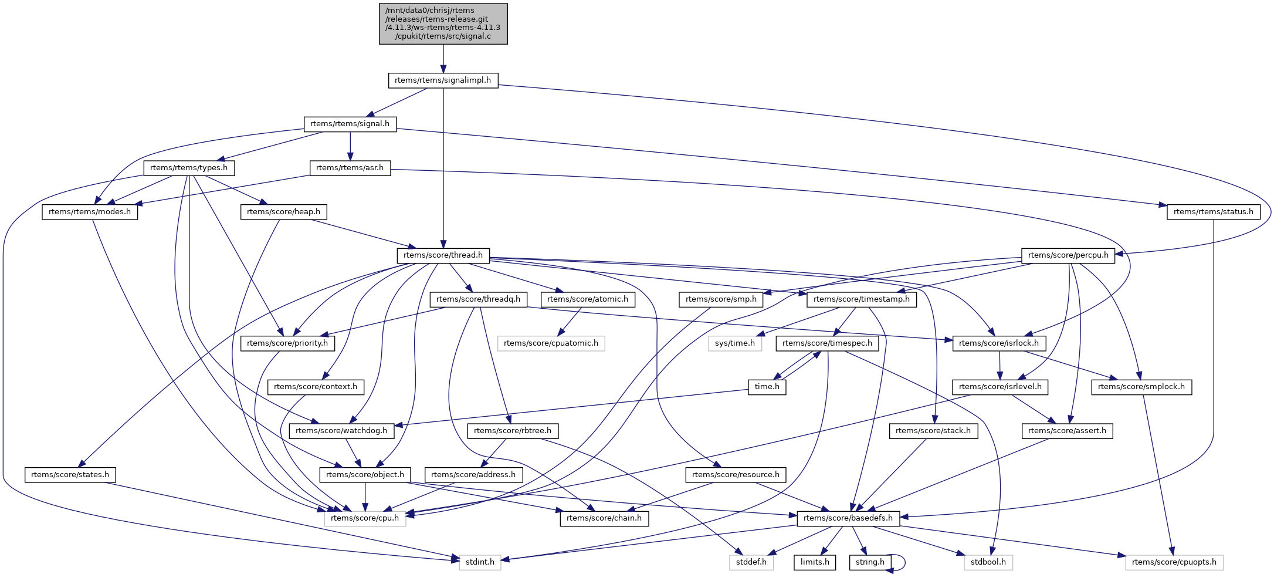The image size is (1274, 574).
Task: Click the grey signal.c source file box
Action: (443, 23)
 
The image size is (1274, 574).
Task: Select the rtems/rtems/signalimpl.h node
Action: (443, 80)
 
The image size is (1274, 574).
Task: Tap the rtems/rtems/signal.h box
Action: (350, 124)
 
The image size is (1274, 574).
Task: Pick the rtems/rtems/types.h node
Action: (189, 168)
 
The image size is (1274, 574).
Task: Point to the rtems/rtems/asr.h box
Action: (350, 168)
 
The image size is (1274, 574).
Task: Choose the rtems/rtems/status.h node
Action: (1213, 212)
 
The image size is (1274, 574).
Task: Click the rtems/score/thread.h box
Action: (443, 255)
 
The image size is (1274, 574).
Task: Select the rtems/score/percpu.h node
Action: (1068, 255)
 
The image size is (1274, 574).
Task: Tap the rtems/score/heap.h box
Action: (283, 212)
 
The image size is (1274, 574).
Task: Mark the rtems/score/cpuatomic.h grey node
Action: (551, 343)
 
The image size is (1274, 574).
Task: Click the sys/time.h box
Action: (735, 343)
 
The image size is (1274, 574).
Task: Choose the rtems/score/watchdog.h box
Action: (341, 431)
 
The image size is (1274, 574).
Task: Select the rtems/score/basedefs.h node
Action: (848, 518)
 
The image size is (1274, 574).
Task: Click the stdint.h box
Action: (480, 562)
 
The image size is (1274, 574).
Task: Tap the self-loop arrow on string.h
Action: (904, 562)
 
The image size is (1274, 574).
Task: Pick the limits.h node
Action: (815, 562)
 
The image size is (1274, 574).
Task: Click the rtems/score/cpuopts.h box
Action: (1174, 562)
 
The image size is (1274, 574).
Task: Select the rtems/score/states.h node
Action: (70, 475)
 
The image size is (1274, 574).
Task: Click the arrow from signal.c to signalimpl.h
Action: (443, 59)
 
